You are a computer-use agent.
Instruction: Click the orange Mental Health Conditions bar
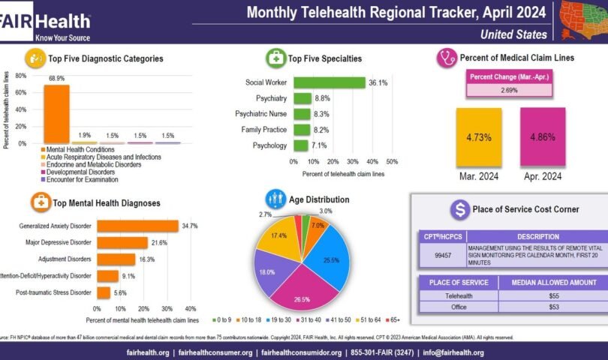(56, 113)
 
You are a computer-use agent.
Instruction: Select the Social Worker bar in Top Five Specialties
(329, 82)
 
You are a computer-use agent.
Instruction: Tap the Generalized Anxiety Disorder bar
(137, 226)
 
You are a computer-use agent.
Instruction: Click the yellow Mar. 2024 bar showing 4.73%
(478, 139)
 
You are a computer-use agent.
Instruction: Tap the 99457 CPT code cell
(441, 255)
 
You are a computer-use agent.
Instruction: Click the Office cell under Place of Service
(458, 306)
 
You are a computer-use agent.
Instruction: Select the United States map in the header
(579, 20)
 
